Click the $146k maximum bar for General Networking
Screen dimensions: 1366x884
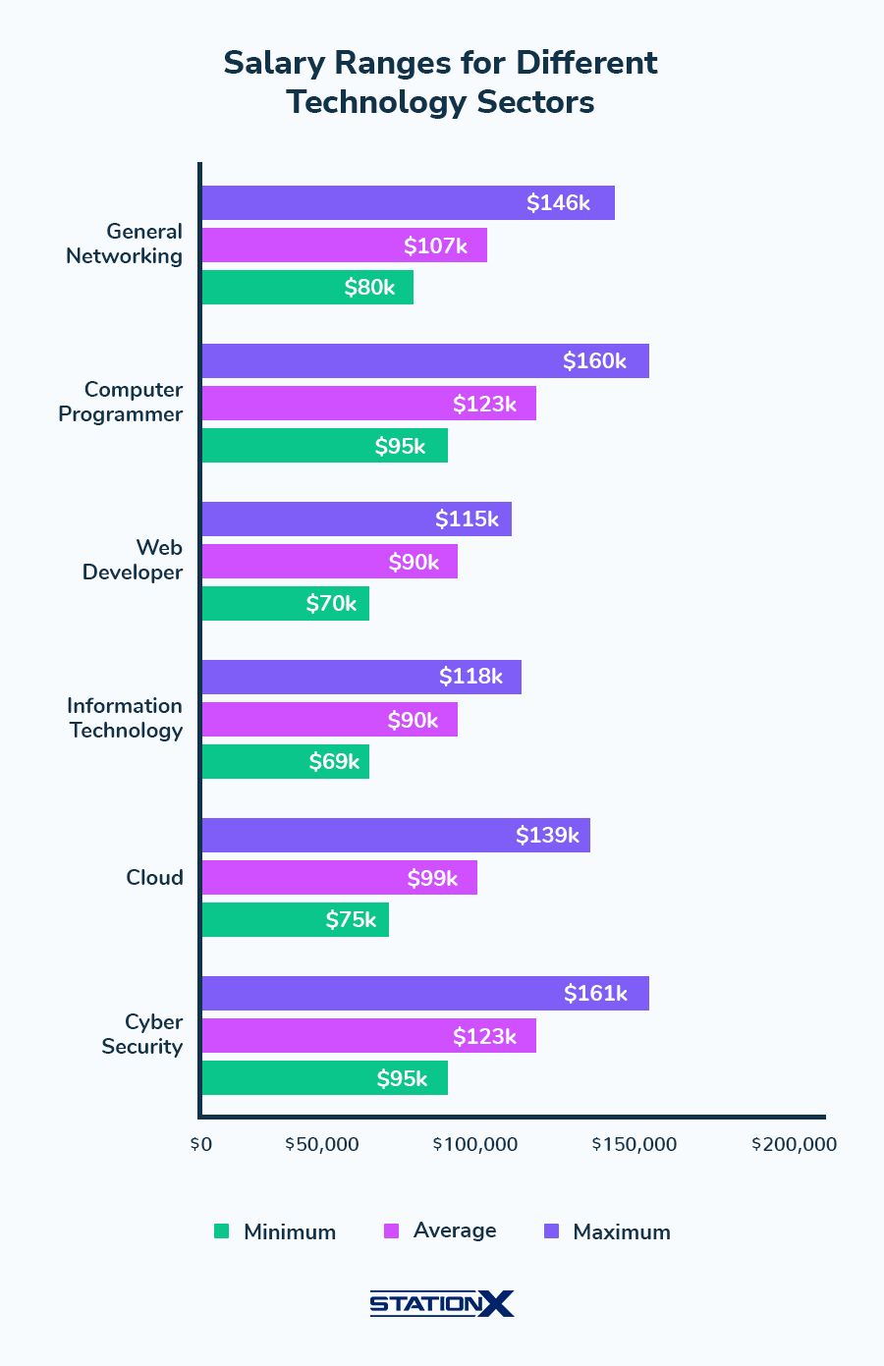pyautogui.click(x=408, y=203)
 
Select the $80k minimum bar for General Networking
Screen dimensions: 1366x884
pyautogui.click(x=307, y=288)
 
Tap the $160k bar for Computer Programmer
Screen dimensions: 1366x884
pyautogui.click(x=425, y=361)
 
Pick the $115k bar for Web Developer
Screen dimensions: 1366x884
pyautogui.click(x=357, y=519)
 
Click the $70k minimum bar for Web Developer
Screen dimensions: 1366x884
pyautogui.click(x=285, y=604)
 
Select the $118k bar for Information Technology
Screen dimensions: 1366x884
pyautogui.click(x=361, y=678)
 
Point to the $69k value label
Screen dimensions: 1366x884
pyautogui.click(x=334, y=762)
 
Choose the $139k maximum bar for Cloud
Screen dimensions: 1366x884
pyautogui.click(x=396, y=836)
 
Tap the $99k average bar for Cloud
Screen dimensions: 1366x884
pyautogui.click(x=339, y=878)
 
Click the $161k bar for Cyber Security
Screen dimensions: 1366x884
pyautogui.click(x=425, y=994)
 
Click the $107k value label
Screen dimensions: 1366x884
pyautogui.click(x=435, y=246)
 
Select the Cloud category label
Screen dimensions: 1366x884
pyautogui.click(x=154, y=878)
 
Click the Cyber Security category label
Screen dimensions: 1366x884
pyautogui.click(x=142, y=1034)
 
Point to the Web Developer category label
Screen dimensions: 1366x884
pyautogui.click(x=133, y=560)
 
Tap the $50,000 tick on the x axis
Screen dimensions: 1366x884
pyautogui.click(x=322, y=1145)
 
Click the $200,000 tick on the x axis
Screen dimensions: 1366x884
pyautogui.click(x=794, y=1145)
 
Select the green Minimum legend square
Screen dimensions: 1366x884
pyautogui.click(x=221, y=1231)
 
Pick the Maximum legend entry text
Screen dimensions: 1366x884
pyautogui.click(x=622, y=1232)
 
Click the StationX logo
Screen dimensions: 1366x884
pyautogui.click(x=441, y=1304)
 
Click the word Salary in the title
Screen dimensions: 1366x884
pyautogui.click(x=275, y=63)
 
